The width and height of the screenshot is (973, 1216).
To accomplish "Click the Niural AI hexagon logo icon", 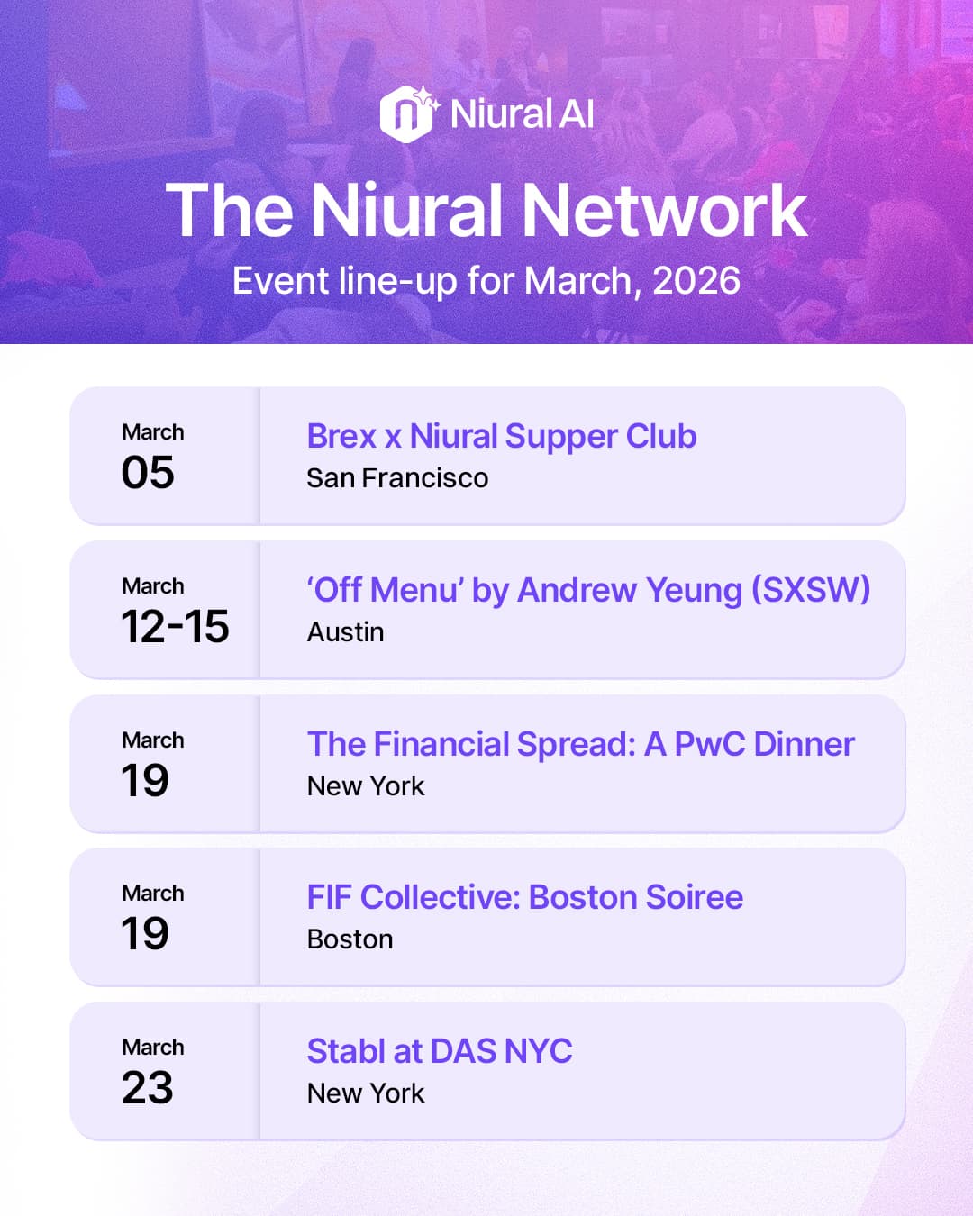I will point(405,114).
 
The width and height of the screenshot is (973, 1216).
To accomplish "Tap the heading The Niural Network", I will point(486,211).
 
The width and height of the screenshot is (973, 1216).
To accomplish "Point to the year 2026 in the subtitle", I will point(696,281).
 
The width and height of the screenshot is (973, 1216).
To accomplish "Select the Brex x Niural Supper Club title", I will point(501,437).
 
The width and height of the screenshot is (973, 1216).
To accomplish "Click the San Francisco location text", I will point(397,478).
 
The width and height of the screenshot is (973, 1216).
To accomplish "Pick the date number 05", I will point(148,473).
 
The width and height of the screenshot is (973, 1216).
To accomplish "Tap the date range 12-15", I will point(175,627).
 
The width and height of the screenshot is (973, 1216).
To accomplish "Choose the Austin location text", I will point(345,632).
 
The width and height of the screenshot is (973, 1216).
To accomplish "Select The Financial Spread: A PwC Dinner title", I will point(580,745).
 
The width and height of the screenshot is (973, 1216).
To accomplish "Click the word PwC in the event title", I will point(710,745).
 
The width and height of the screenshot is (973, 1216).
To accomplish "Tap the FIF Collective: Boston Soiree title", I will point(524,898).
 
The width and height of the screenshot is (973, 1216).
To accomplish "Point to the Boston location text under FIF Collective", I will point(350,939).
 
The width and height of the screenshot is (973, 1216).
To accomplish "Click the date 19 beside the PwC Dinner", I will point(145,781).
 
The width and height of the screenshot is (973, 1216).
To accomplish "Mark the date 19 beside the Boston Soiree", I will point(145,934).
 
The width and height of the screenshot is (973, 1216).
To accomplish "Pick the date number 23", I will point(148,1088).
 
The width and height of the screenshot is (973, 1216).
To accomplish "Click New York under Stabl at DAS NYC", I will point(366,1093).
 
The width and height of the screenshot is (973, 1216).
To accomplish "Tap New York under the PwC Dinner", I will point(366,786).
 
